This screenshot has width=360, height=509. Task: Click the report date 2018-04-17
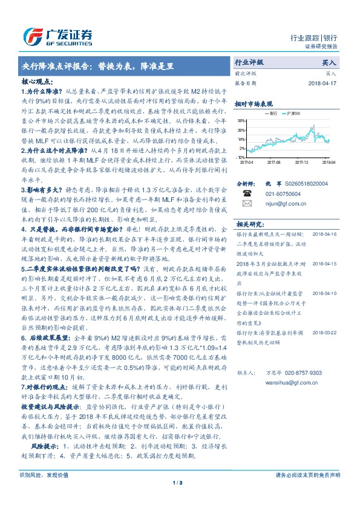click(x=322, y=83)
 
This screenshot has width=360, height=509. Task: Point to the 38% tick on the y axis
click(x=241, y=121)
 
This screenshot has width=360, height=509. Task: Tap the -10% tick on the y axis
click(x=241, y=157)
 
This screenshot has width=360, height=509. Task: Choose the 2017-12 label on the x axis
click(x=301, y=163)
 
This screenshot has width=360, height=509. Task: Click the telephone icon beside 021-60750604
click(x=247, y=193)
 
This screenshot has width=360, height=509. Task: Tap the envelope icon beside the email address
click(x=247, y=204)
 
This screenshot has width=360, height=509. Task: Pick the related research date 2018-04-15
click(x=325, y=264)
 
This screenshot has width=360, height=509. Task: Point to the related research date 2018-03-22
click(x=325, y=332)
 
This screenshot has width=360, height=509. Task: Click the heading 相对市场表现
click(x=253, y=103)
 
